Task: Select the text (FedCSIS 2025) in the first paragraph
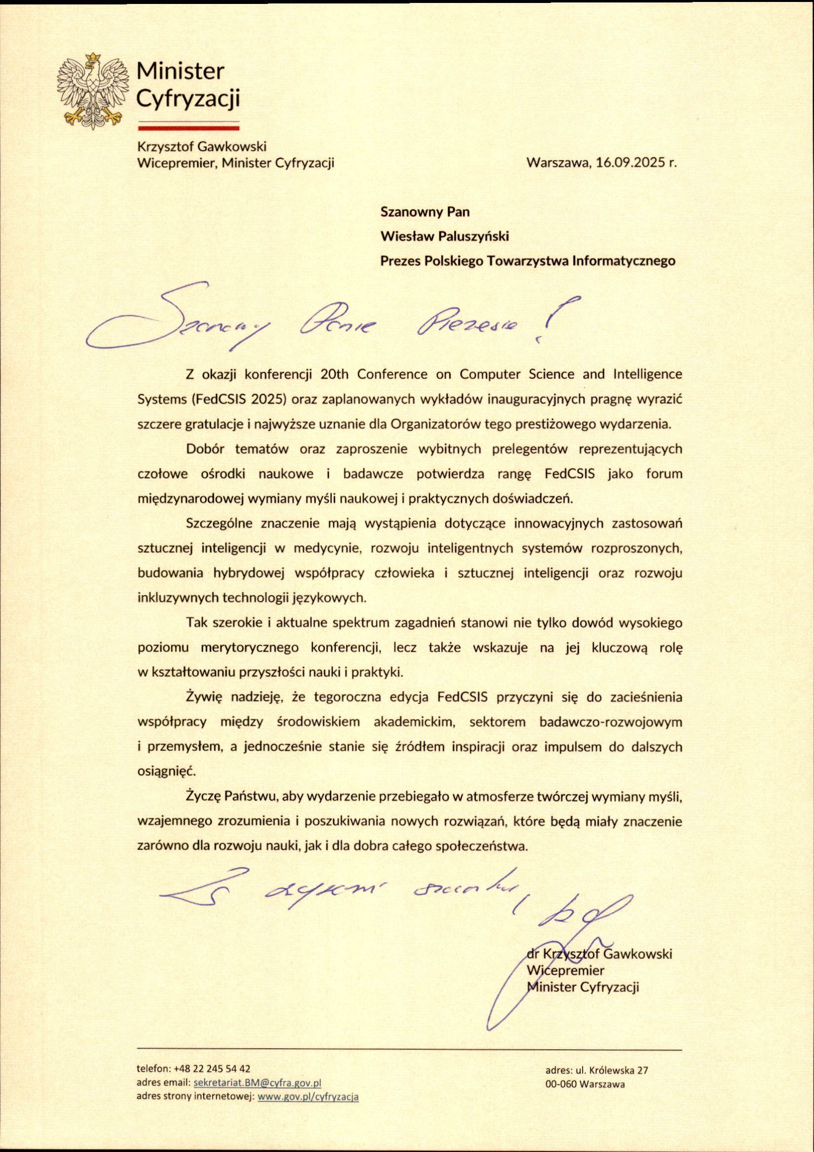click(239, 399)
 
